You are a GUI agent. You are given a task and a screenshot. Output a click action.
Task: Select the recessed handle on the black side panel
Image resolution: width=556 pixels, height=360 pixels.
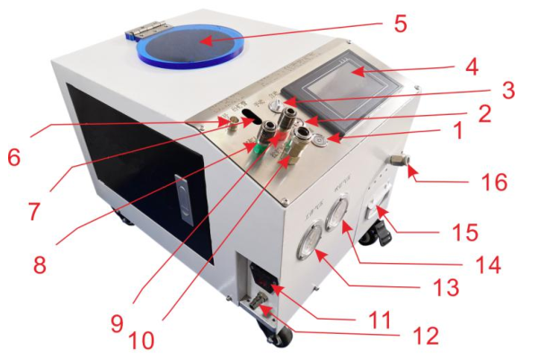[183, 203]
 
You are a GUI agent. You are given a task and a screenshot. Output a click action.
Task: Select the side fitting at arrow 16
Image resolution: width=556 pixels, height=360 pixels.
[399, 163]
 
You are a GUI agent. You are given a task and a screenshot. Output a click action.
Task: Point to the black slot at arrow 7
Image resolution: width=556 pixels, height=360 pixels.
[254, 118]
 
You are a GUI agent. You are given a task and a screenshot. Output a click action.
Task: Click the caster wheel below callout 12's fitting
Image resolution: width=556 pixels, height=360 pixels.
[279, 338]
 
